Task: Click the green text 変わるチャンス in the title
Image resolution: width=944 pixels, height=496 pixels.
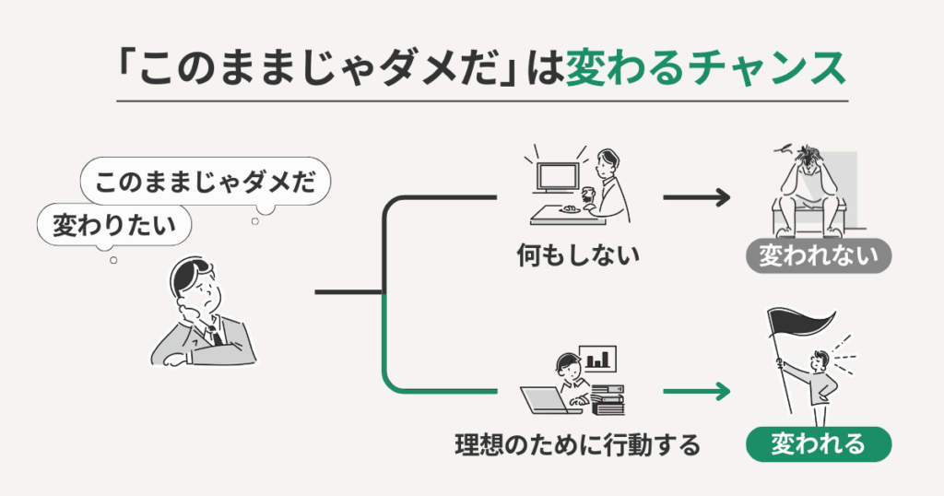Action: [705, 68]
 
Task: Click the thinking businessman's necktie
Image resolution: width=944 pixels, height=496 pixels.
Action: [213, 333]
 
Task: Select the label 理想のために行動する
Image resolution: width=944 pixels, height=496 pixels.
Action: [577, 445]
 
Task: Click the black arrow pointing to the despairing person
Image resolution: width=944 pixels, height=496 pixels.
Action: [696, 197]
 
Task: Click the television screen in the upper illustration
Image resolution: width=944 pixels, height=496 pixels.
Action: [559, 178]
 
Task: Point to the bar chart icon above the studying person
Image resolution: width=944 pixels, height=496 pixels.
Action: [598, 357]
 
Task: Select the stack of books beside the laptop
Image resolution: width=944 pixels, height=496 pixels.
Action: [608, 398]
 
